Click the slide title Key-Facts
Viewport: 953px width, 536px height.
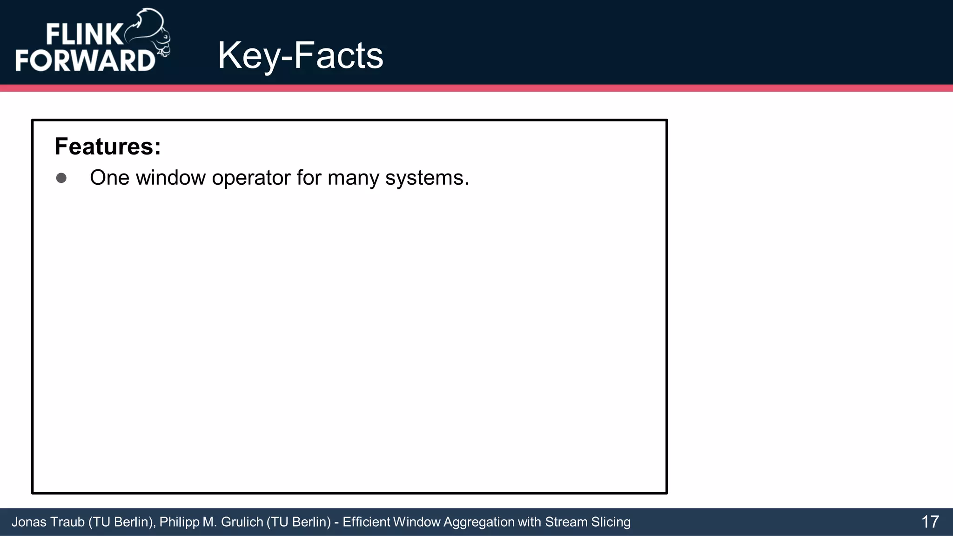coord(300,56)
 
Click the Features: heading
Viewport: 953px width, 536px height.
coord(107,147)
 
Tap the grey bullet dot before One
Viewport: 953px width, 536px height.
coord(61,178)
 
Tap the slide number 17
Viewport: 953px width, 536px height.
coord(930,522)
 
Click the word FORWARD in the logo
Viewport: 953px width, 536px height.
coord(85,60)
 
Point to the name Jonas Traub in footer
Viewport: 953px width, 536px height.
coord(48,522)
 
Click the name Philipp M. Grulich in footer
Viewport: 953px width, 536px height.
coord(212,522)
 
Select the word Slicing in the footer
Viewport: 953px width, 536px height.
coord(611,522)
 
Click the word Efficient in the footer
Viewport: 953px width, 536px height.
coord(366,522)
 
